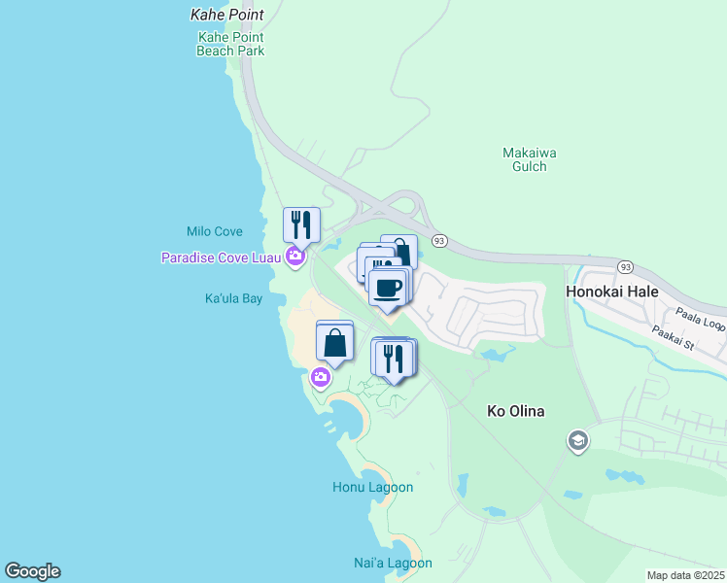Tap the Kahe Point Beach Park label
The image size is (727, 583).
(x=230, y=44)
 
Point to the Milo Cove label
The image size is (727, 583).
(x=214, y=231)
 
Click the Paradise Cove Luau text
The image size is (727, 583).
(x=222, y=257)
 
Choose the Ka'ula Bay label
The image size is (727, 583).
(x=233, y=299)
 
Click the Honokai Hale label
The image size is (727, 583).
(x=611, y=291)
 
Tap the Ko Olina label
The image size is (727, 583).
(x=515, y=411)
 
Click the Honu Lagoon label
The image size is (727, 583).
(x=372, y=487)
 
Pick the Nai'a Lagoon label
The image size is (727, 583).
(x=393, y=563)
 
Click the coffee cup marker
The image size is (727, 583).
(x=389, y=288)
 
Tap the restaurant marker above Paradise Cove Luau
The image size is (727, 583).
(x=301, y=224)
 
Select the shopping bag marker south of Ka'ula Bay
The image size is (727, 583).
(x=334, y=342)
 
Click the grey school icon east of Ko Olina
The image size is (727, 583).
(x=577, y=442)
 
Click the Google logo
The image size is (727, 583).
(x=32, y=571)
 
